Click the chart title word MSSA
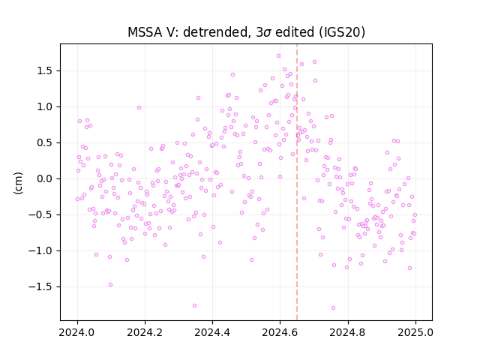pyautogui.click(x=145, y=32)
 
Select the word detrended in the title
pyautogui.click(x=215, y=32)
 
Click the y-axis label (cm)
pyautogui.click(x=18, y=183)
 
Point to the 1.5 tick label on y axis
pyautogui.click(x=45, y=71)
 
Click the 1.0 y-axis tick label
pyautogui.click(x=45, y=106)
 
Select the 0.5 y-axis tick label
pyautogui.click(x=45, y=143)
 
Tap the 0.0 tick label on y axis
pyautogui.click(x=45, y=178)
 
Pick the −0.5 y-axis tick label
pyautogui.click(x=41, y=215)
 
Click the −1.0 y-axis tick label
pyautogui.click(x=41, y=250)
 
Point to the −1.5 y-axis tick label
pyautogui.click(x=41, y=286)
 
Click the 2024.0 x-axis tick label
pyautogui.click(x=77, y=332)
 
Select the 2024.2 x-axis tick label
pyautogui.click(x=145, y=332)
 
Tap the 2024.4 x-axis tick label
pyautogui.click(x=212, y=332)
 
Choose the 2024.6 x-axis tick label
pyautogui.click(x=280, y=332)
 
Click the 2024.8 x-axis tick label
pyautogui.click(x=348, y=332)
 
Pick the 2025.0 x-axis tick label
pyautogui.click(x=415, y=332)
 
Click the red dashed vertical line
pyautogui.click(x=297, y=182)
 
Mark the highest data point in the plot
pyautogui.click(x=278, y=56)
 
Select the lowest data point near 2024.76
pyautogui.click(x=333, y=308)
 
